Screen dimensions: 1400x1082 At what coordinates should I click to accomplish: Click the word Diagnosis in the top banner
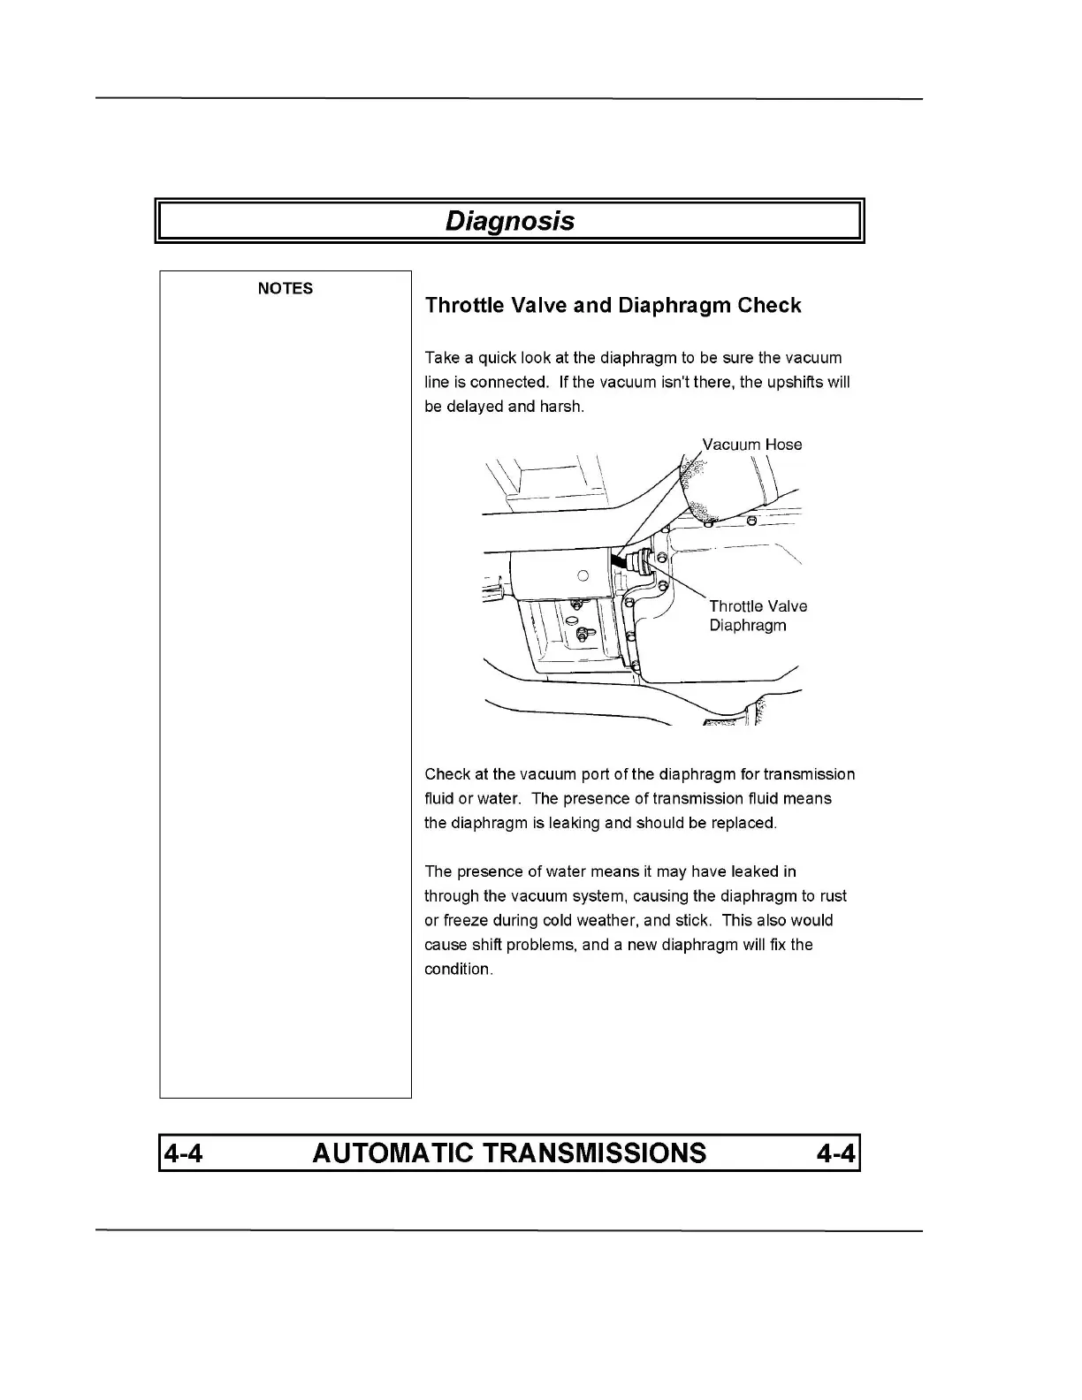509,221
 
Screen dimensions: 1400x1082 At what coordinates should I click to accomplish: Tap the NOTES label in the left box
285,289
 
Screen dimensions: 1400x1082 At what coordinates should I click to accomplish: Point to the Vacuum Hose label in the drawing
751,445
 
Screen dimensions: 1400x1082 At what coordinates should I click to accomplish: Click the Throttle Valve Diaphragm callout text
758,616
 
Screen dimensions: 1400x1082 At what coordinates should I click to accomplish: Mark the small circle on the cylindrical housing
583,576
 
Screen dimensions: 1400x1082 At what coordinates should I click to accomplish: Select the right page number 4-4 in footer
836,1153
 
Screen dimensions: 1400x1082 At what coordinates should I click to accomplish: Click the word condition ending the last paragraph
456,969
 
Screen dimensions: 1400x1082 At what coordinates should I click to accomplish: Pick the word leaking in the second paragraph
574,823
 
